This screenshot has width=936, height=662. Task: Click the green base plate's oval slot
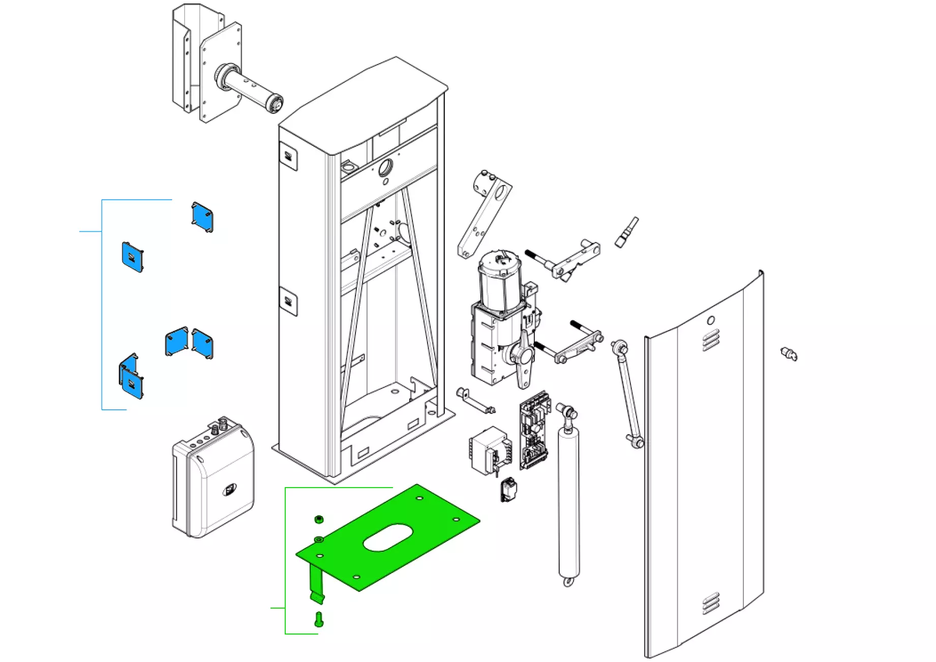click(388, 537)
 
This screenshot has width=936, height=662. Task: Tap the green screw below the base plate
click(319, 619)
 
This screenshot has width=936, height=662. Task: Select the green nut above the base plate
click(319, 519)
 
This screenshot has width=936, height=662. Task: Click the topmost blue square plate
click(202, 218)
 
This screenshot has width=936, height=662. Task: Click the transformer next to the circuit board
click(488, 450)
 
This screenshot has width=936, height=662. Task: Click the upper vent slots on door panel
click(711, 340)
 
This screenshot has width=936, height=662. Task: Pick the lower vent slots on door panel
click(711, 603)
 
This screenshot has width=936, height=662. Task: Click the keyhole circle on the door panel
click(711, 320)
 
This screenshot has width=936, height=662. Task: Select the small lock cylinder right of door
click(789, 353)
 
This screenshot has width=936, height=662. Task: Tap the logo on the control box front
click(230, 490)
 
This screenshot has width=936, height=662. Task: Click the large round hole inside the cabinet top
click(386, 166)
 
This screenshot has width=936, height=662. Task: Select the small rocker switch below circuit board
click(509, 490)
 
